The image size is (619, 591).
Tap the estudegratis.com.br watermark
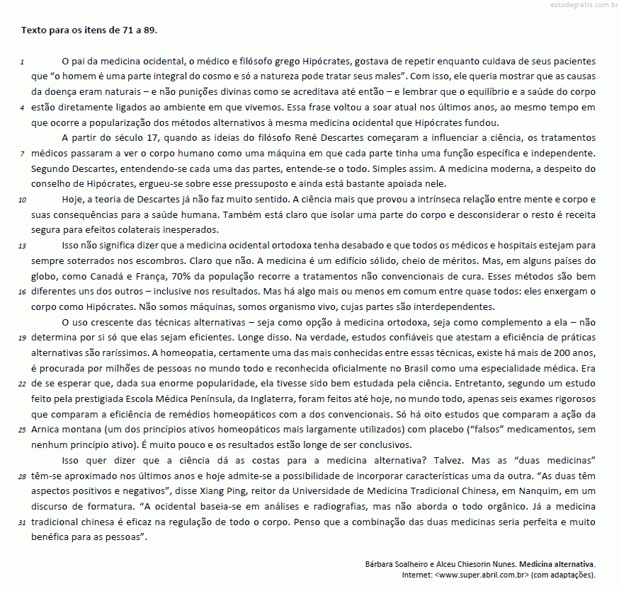click(x=582, y=6)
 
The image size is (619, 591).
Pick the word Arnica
click(x=45, y=430)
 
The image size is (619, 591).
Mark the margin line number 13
click(x=23, y=246)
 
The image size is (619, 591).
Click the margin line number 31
click(x=23, y=522)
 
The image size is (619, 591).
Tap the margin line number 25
click(x=23, y=430)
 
